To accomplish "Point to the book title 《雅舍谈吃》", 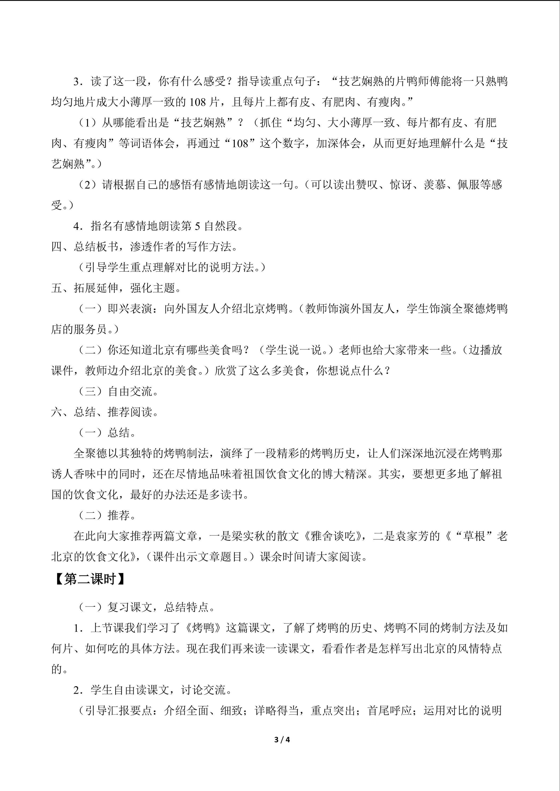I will (x=333, y=536).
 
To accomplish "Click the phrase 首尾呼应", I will (x=390, y=711).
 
